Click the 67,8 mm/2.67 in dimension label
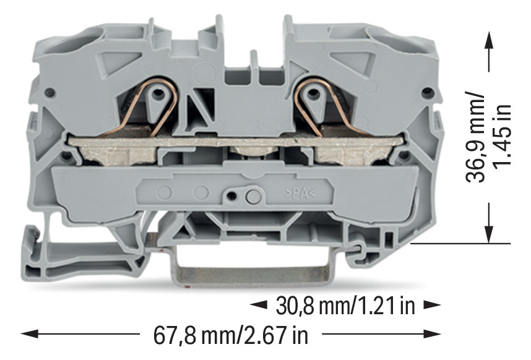point(231,335)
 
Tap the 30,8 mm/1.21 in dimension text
point(345,306)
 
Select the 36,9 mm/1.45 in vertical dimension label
point(488,137)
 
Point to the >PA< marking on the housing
point(300,194)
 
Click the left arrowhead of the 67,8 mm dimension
point(30,334)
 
